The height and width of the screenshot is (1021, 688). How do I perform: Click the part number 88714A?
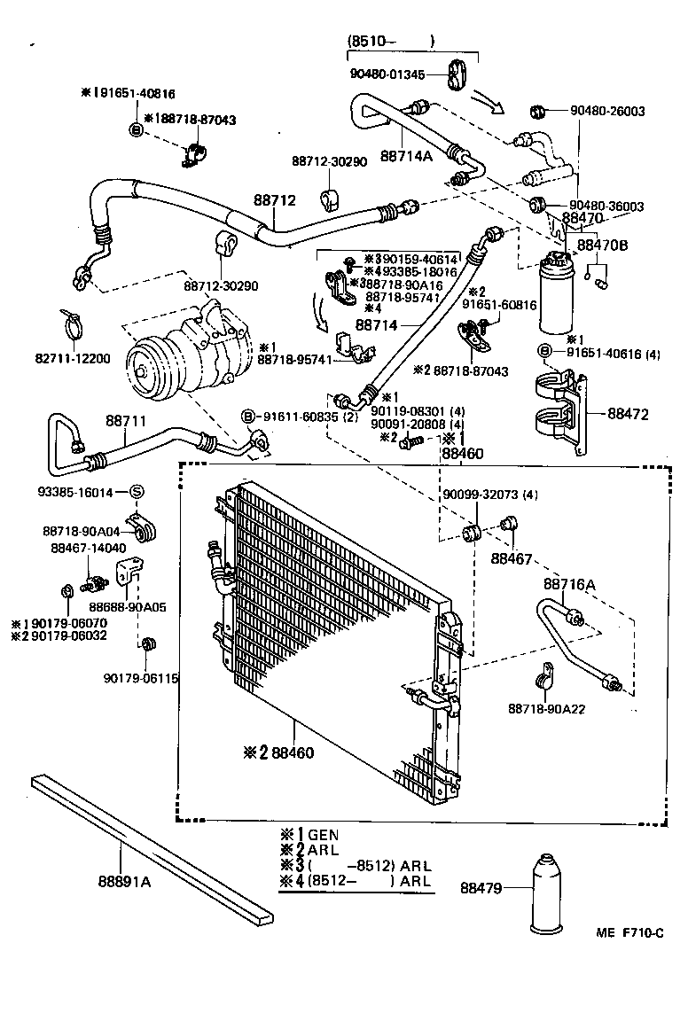406,156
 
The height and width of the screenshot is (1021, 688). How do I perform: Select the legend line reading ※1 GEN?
309,834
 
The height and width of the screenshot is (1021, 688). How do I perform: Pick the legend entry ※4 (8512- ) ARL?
355,881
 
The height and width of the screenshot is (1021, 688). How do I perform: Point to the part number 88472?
629,413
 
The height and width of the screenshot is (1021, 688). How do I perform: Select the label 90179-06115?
140,678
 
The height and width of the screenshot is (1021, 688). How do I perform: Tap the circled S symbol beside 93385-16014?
137,492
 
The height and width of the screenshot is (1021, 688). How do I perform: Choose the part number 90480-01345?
387,74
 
